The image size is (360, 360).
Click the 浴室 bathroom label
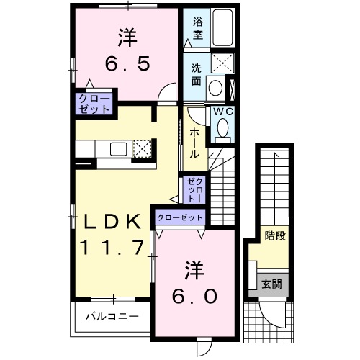tap(197, 27)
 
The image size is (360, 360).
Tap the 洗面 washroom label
tap(197, 75)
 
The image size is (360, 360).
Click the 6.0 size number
tap(192, 296)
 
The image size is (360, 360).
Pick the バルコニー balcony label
tap(108, 316)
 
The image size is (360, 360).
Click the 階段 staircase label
tap(274, 235)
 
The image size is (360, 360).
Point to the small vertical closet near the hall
tap(194, 189)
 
